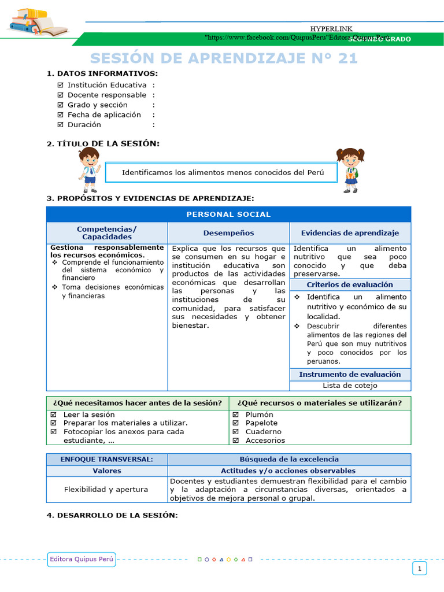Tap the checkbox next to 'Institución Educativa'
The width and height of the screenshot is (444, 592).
(x=61, y=85)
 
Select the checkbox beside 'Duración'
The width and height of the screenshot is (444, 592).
(x=61, y=124)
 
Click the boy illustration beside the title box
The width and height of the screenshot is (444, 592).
(x=89, y=169)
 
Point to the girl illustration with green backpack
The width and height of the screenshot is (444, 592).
(x=350, y=170)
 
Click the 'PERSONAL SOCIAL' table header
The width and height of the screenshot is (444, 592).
(x=228, y=214)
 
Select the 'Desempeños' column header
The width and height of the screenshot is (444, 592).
(x=228, y=233)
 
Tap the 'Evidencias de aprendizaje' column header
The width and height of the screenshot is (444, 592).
(x=350, y=233)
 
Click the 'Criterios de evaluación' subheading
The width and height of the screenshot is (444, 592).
(x=350, y=284)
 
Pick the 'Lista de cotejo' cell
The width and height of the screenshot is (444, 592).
(x=350, y=385)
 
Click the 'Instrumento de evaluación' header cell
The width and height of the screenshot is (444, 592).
(x=350, y=374)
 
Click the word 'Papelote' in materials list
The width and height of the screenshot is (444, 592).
(x=262, y=423)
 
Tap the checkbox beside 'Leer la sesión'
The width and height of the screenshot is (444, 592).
(x=53, y=415)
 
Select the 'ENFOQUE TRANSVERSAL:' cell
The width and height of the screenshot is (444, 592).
(x=107, y=459)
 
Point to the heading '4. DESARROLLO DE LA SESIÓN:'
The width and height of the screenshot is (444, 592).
(x=112, y=515)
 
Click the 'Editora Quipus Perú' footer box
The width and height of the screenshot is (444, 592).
(x=82, y=558)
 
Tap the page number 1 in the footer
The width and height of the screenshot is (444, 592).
(x=419, y=569)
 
